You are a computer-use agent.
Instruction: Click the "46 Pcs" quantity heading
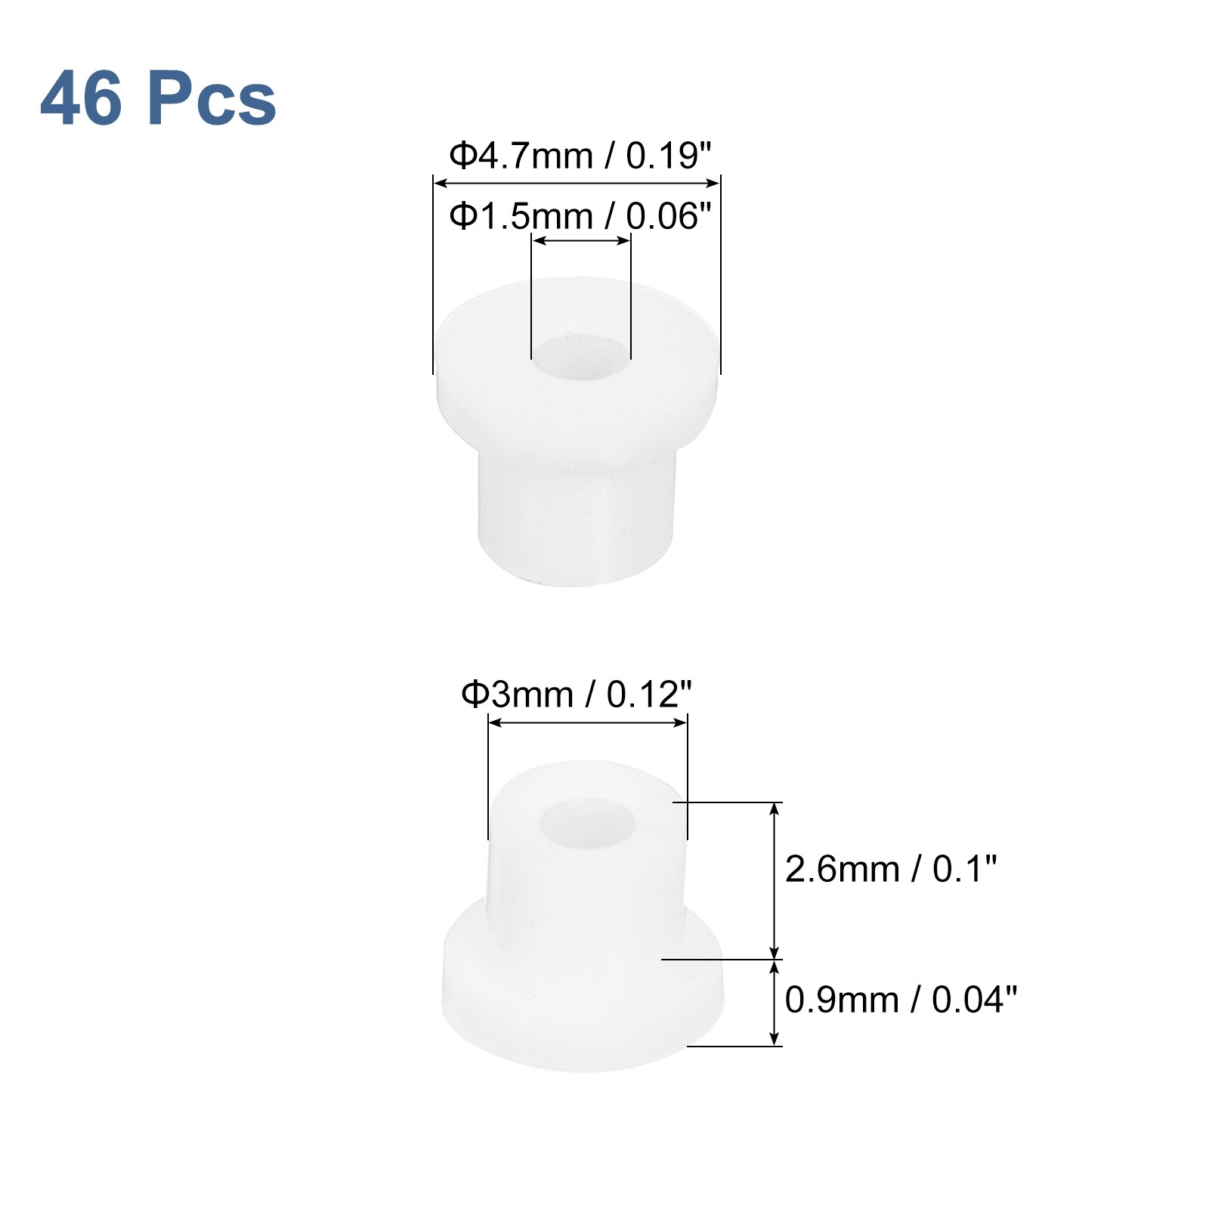158,98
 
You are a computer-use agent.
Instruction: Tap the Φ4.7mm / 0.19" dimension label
580,156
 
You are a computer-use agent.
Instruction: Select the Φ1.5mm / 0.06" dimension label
580,216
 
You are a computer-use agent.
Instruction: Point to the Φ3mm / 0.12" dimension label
577,694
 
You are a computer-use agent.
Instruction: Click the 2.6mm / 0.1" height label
891,869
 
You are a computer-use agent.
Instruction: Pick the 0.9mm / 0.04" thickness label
901,1000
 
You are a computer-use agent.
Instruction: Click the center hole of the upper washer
581,357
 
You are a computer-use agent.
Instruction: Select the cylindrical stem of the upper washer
576,514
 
